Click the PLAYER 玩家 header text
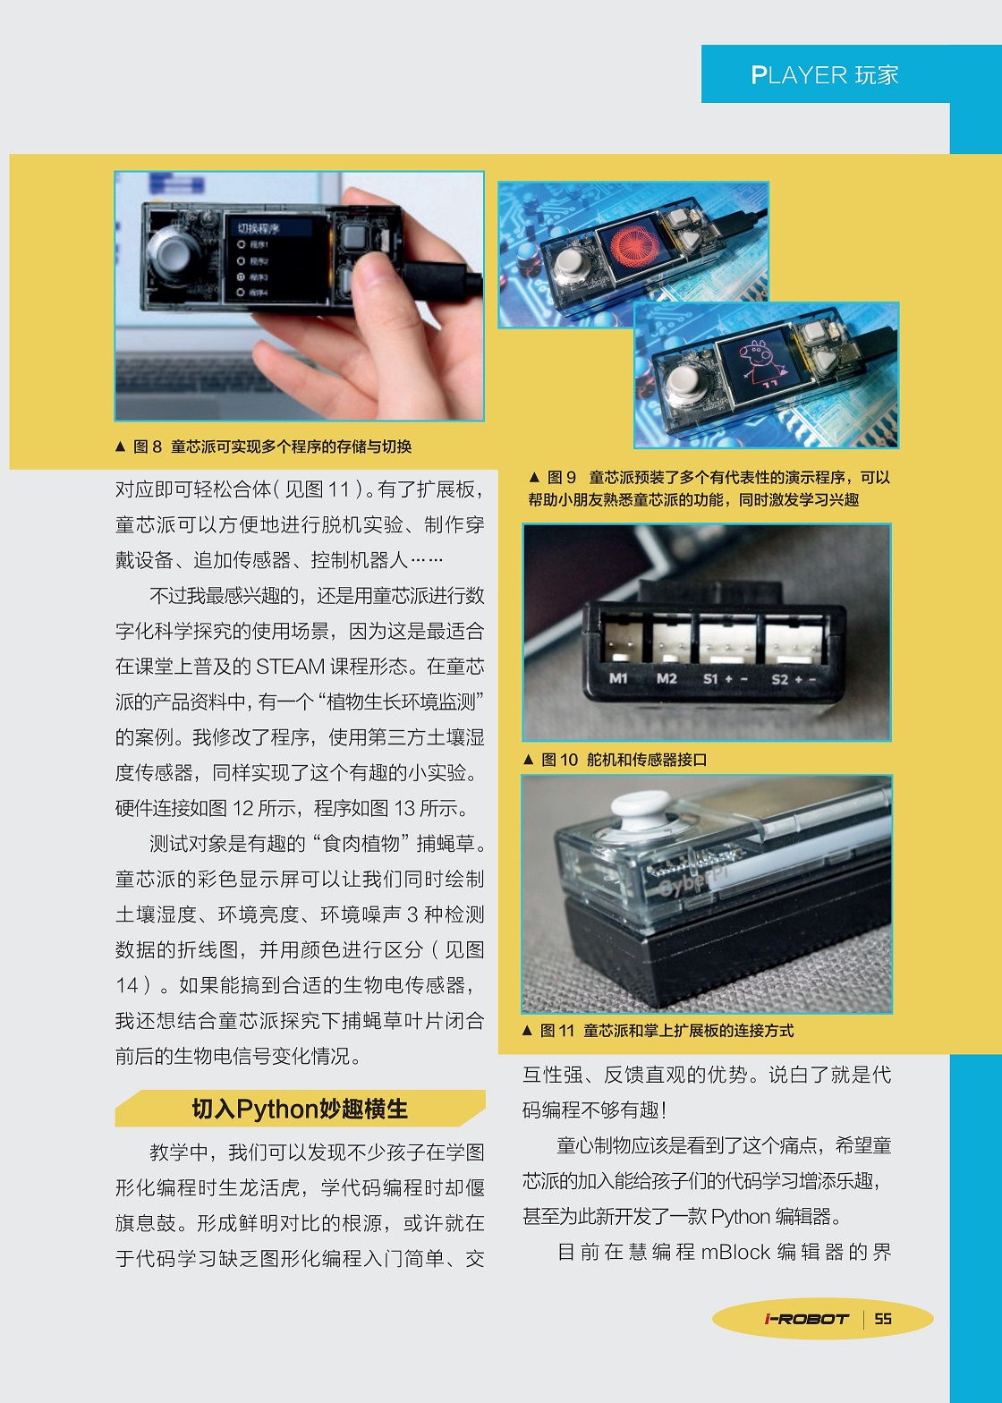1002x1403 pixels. pyautogui.click(x=825, y=75)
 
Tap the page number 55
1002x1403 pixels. pyautogui.click(x=883, y=1319)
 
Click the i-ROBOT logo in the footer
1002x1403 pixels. pyautogui.click(x=807, y=1319)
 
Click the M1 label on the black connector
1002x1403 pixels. pyautogui.click(x=618, y=677)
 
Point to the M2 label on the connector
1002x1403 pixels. pyautogui.click(x=667, y=678)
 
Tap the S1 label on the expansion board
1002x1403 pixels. pyautogui.click(x=710, y=679)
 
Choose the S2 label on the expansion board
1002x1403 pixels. pyautogui.click(x=780, y=680)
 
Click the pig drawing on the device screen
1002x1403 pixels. pyautogui.click(x=757, y=362)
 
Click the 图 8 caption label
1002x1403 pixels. pyautogui.click(x=147, y=446)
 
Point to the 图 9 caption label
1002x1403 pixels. pyautogui.click(x=561, y=477)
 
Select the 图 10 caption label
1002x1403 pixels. pyautogui.click(x=559, y=760)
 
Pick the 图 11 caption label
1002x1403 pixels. pyautogui.click(x=557, y=1031)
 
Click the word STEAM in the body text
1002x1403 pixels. pyautogui.click(x=291, y=667)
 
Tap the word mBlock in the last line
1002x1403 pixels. pyautogui.click(x=735, y=1253)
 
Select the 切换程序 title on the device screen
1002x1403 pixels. pyautogui.click(x=259, y=228)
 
